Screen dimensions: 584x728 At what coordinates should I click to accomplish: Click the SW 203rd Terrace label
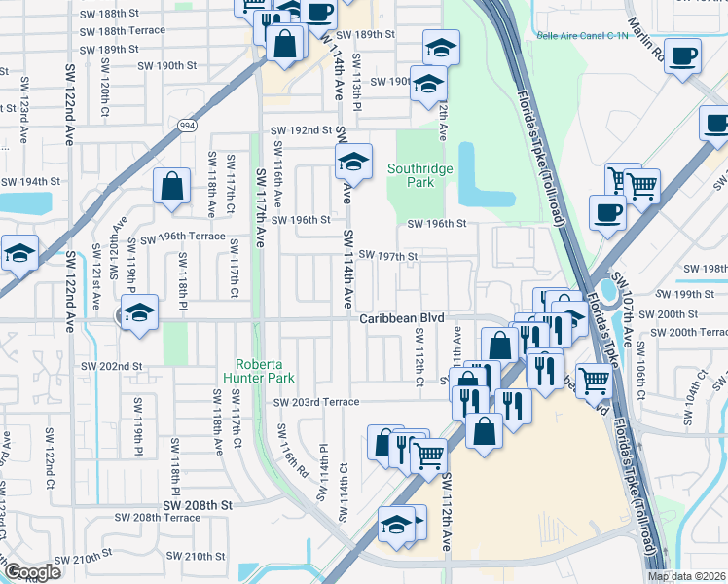[x=316, y=402]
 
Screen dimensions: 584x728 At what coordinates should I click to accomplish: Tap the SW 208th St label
[x=199, y=505]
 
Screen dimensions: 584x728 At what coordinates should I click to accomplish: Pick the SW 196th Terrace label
[x=183, y=237]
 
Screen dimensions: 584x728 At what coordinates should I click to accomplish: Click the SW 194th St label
[x=30, y=182]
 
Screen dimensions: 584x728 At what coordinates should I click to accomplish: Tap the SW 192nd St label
[x=302, y=130]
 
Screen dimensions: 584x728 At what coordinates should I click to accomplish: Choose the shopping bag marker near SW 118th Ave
[x=171, y=188]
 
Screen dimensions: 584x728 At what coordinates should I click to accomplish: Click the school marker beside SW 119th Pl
[x=140, y=312]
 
